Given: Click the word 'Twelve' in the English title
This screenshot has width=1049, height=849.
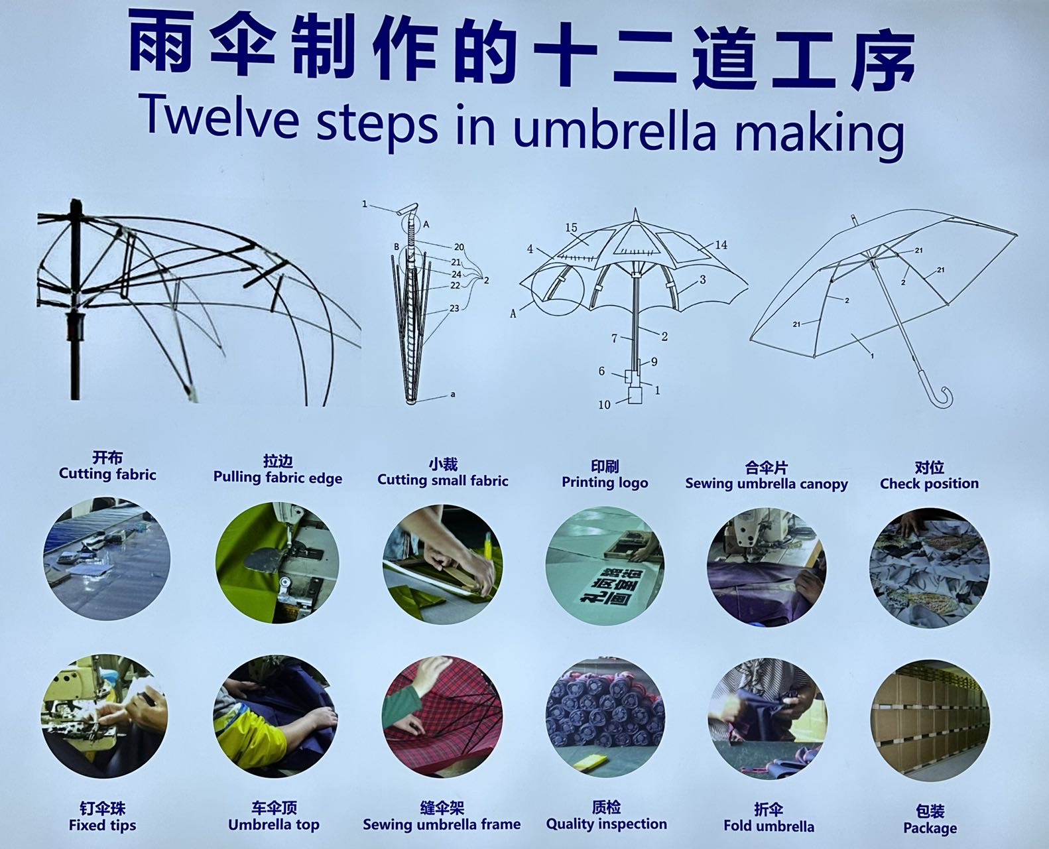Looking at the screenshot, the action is [x=220, y=116].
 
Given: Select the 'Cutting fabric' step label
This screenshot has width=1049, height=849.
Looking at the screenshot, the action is [x=107, y=474].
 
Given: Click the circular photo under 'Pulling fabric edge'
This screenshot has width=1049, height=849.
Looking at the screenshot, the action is [x=277, y=563].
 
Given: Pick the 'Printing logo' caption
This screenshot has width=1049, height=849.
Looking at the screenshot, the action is [x=605, y=483].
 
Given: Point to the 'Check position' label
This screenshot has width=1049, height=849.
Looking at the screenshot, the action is [x=930, y=484].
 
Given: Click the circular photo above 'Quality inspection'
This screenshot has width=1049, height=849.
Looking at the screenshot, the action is [x=605, y=717].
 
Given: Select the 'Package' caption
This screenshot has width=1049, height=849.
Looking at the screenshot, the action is [x=930, y=828].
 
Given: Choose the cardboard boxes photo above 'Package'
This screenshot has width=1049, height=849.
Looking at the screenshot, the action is [x=930, y=720].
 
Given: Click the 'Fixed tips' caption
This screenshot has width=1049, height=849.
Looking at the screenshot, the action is [x=102, y=825].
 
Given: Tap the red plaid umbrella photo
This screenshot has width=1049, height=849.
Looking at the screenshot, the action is [x=442, y=716].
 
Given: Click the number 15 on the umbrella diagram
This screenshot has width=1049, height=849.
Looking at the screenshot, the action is [x=571, y=228].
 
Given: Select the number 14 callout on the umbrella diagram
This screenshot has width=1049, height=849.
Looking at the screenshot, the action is [x=721, y=245].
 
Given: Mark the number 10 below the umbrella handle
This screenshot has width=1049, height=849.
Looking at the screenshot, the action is [x=604, y=405].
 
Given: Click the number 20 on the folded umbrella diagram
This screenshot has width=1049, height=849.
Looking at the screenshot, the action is [x=459, y=247].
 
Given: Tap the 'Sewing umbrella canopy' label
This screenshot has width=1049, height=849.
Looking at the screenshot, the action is [x=767, y=484].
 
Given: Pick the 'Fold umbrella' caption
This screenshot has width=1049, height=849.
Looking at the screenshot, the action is [x=769, y=826].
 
